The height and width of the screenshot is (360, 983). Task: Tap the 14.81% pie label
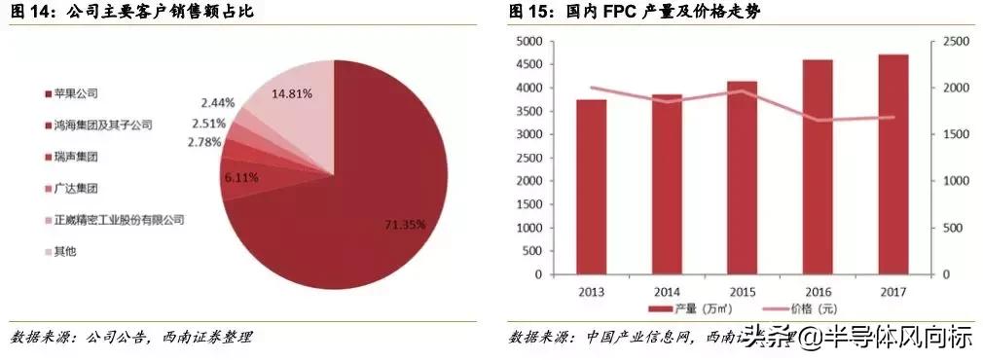293,94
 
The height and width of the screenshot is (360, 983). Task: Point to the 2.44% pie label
219,102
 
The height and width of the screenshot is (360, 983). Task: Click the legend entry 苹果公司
78,94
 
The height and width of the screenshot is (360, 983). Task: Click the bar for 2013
591,187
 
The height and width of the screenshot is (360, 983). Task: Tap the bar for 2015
742,178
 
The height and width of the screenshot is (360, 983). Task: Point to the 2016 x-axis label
818,291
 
